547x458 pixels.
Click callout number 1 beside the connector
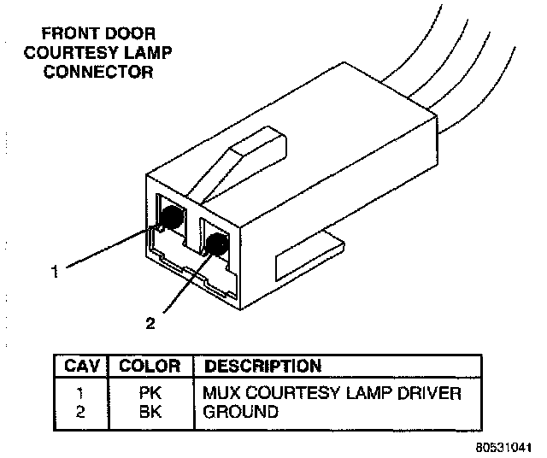tap(54, 273)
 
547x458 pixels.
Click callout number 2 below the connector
tap(151, 323)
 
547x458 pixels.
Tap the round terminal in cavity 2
tap(217, 245)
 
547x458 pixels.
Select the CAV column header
tap(83, 367)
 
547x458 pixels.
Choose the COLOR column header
tap(150, 367)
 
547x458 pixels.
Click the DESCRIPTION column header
tap(262, 367)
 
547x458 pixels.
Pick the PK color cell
tap(150, 394)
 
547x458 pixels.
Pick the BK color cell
tap(150, 412)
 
